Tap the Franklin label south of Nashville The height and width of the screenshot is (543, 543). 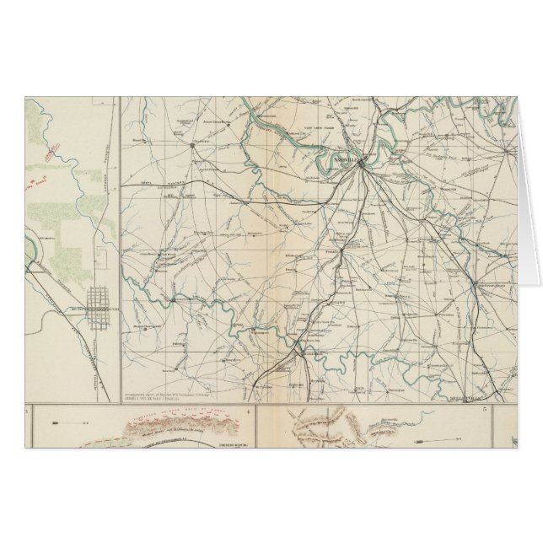click(333, 250)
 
